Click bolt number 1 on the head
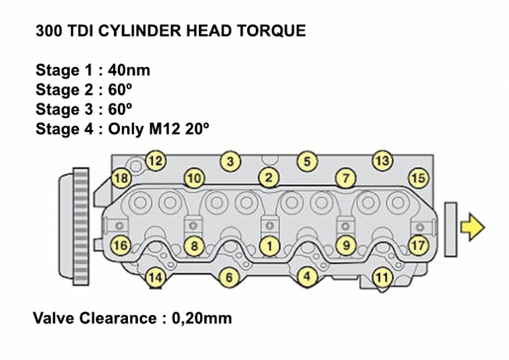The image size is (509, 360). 269,245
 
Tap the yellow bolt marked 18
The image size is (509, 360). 121,178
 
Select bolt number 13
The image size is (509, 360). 382,160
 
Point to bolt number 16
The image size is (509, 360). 120,245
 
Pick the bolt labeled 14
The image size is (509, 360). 155,277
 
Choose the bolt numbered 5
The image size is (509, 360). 306,160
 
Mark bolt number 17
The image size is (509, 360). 418,245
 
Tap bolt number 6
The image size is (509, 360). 229,277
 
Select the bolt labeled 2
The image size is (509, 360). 268,178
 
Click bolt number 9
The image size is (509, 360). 345,245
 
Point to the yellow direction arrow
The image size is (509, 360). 472,227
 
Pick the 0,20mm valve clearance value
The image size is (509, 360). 202,318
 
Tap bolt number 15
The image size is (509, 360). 418,178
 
